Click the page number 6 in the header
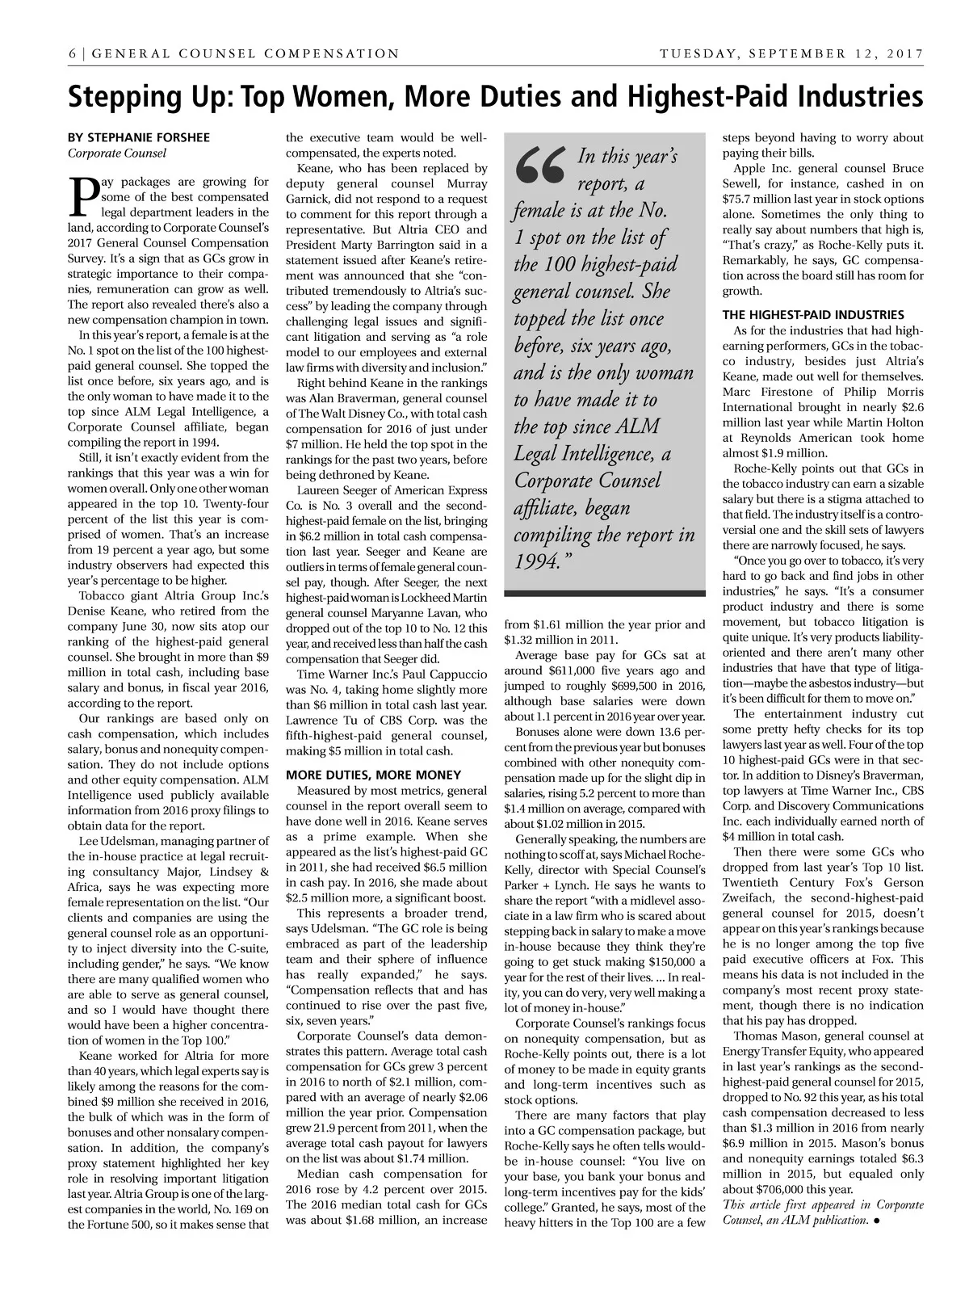[73, 54]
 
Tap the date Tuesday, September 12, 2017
[791, 54]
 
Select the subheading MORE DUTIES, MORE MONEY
[374, 775]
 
